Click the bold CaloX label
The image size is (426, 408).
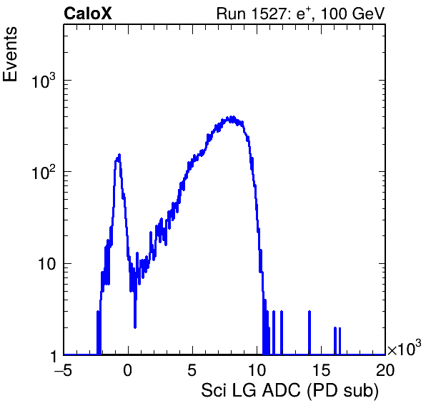pyautogui.click(x=88, y=14)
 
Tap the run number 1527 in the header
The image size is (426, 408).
pyautogui.click(x=268, y=14)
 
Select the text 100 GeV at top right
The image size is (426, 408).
pyautogui.click(x=353, y=14)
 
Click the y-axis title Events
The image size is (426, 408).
pyautogui.click(x=10, y=54)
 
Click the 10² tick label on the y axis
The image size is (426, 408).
pyautogui.click(x=44, y=172)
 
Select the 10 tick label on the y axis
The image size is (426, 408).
pyautogui.click(x=46, y=264)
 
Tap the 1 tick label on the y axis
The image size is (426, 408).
pyautogui.click(x=54, y=356)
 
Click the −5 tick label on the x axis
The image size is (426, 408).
pyautogui.click(x=63, y=370)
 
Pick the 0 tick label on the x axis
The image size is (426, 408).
pyautogui.click(x=128, y=370)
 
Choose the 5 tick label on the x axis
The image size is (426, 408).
pyautogui.click(x=192, y=370)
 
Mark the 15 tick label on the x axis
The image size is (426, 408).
pyautogui.click(x=321, y=370)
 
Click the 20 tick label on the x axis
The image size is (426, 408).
pyautogui.click(x=385, y=370)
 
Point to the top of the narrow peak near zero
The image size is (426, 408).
pyautogui.click(x=119, y=155)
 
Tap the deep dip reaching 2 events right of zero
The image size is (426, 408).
pyautogui.click(x=135, y=327)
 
